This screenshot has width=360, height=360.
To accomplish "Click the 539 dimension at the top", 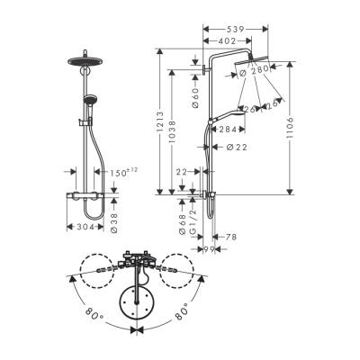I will [x=238, y=29].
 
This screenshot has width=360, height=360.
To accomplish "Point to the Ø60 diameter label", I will [x=195, y=94].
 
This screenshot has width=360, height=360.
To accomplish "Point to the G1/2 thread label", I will [x=193, y=223].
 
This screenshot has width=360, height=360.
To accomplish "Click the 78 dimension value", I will [x=229, y=237].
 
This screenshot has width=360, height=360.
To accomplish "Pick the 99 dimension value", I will [x=208, y=248].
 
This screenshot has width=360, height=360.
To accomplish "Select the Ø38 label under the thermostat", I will [x=113, y=221].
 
